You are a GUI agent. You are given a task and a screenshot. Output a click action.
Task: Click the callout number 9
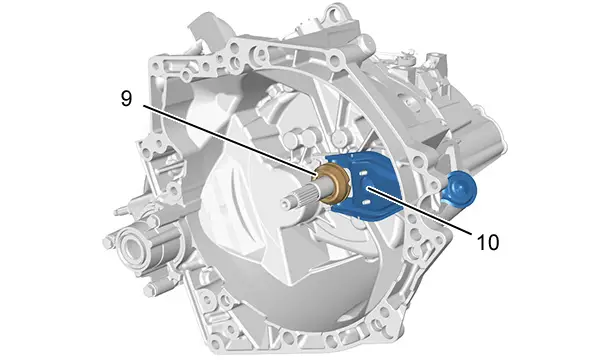click(126, 98)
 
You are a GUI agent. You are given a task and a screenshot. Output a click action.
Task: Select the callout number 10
click(488, 242)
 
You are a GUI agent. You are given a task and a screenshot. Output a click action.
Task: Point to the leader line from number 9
click(229, 140)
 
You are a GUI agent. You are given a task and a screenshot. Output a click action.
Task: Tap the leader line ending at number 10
click(419, 211)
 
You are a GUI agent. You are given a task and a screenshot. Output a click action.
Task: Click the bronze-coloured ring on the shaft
click(333, 184)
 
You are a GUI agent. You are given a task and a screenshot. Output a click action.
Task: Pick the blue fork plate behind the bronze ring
click(365, 185)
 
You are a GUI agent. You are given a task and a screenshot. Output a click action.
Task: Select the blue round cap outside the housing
click(460, 187)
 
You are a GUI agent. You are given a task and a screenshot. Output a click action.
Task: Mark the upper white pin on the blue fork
click(361, 173)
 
